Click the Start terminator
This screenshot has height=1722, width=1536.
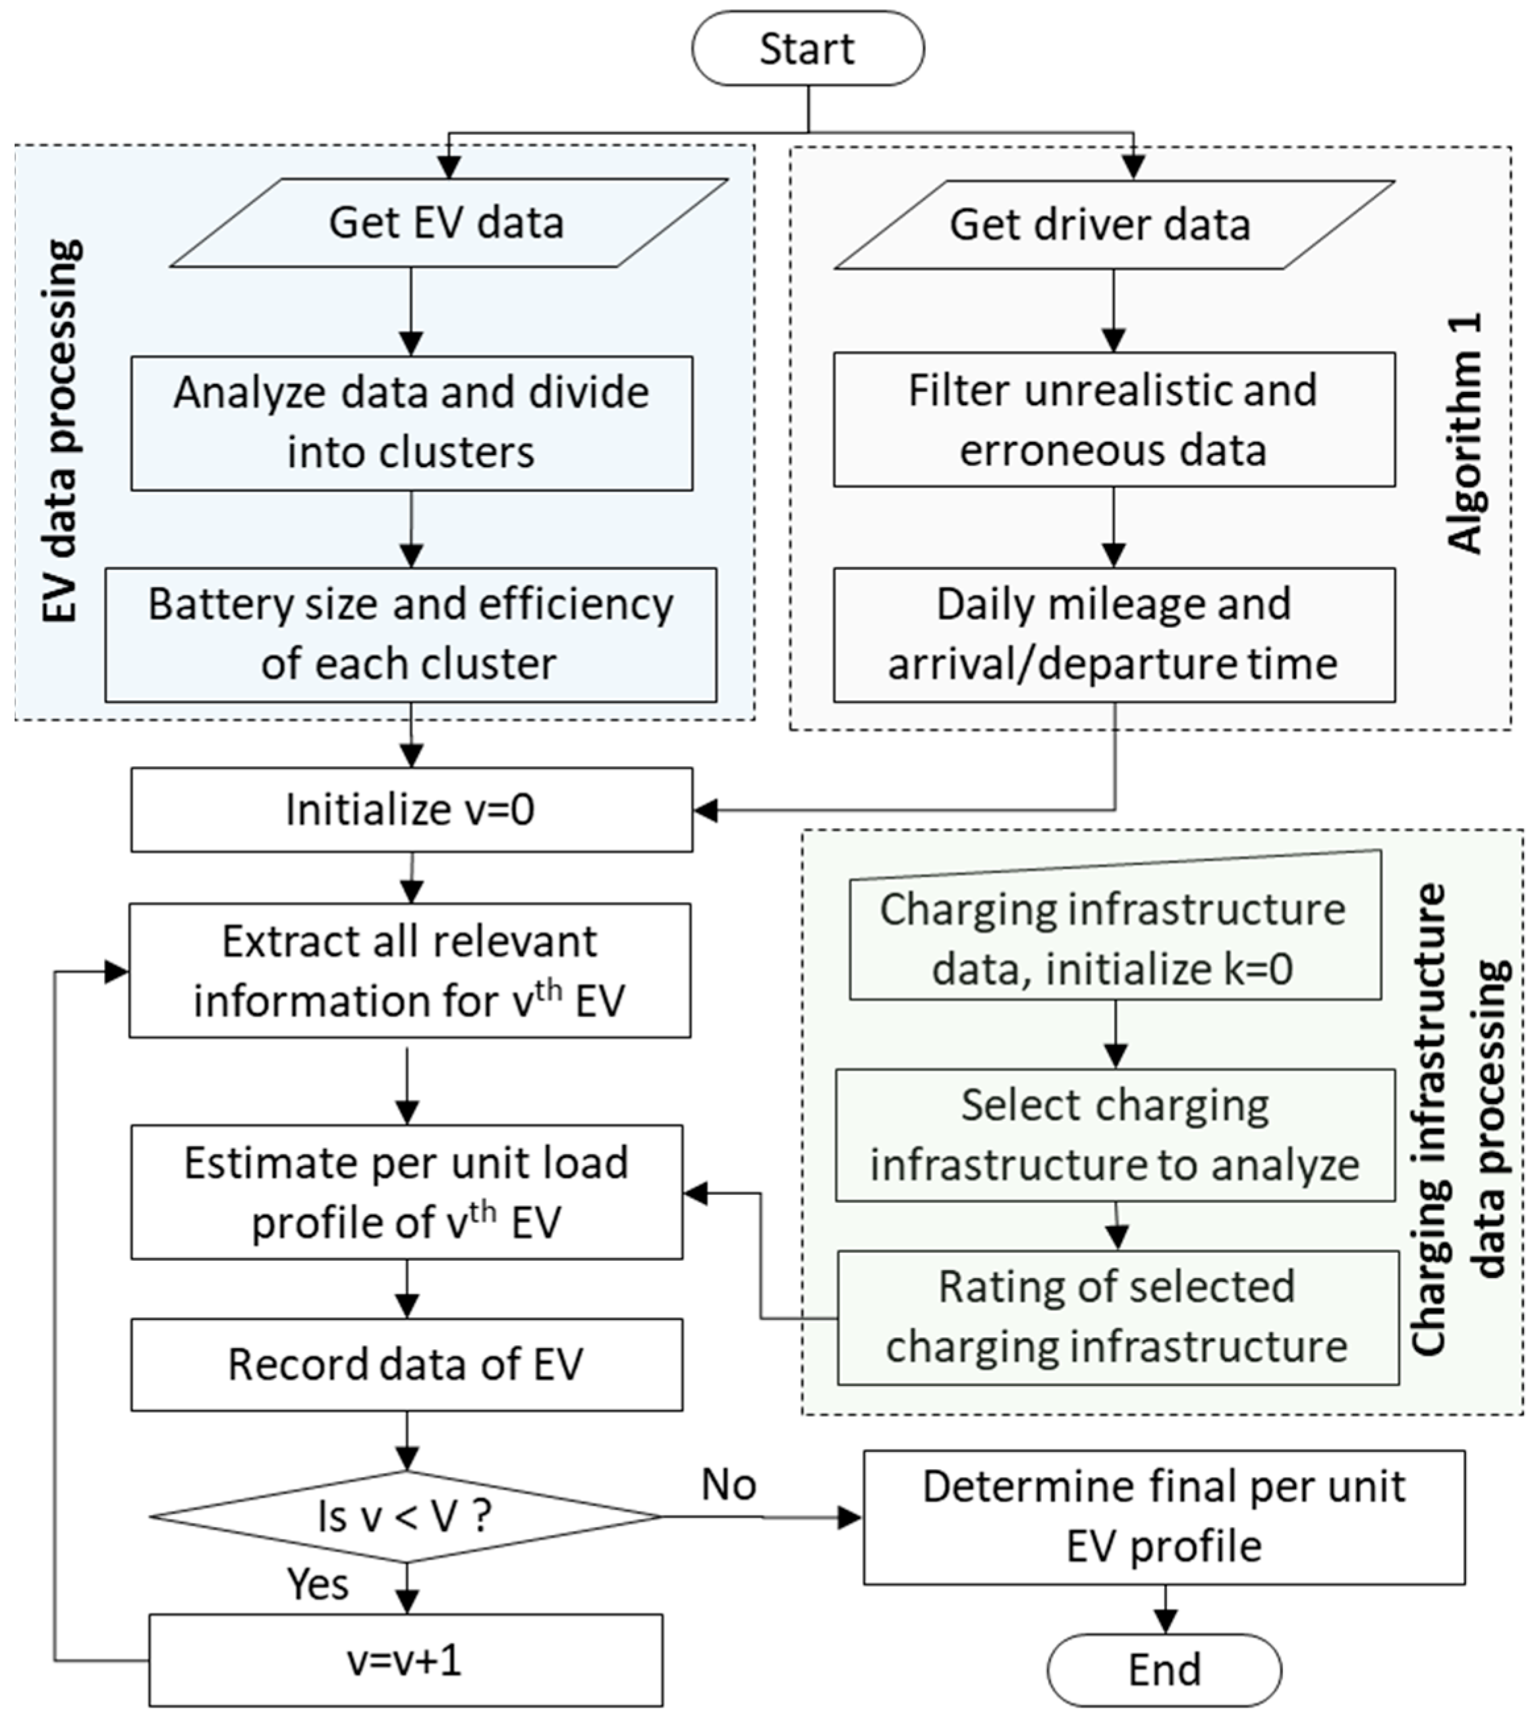point(808,49)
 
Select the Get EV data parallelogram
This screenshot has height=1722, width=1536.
point(448,223)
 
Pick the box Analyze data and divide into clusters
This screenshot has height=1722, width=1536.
point(412,423)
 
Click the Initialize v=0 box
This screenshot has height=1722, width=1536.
point(412,809)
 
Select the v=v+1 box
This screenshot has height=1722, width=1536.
point(406,1661)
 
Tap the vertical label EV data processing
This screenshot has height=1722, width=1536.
point(61,430)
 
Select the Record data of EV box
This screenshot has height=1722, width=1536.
point(406,1364)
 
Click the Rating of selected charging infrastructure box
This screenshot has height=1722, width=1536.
point(1118,1316)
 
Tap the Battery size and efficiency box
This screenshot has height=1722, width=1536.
point(411,634)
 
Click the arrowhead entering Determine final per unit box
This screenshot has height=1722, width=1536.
point(851,1518)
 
